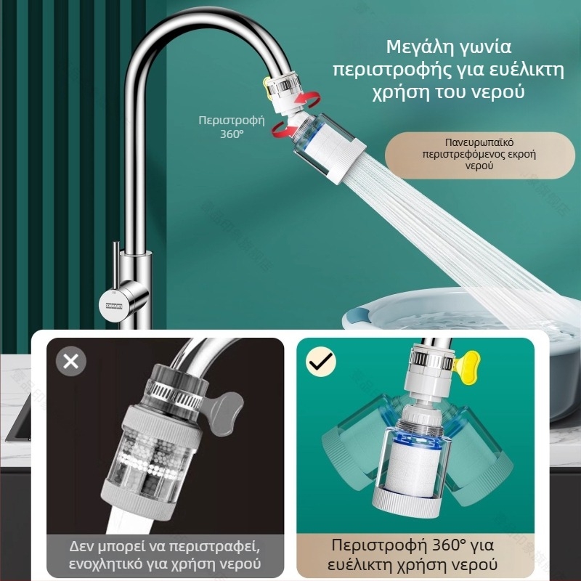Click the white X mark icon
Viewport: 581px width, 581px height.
(x=70, y=361)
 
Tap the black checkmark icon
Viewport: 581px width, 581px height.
(x=321, y=362)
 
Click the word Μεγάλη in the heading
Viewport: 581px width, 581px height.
(x=418, y=47)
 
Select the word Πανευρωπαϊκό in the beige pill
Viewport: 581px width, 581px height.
(x=479, y=142)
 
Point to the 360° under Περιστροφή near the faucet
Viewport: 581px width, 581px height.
(x=232, y=134)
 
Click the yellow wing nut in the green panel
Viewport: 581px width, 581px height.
(x=467, y=362)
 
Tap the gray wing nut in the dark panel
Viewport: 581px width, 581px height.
(x=225, y=414)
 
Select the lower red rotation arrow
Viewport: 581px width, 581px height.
(x=284, y=131)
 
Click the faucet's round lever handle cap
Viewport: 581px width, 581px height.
(x=114, y=305)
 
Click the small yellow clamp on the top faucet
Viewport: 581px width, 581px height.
(x=265, y=87)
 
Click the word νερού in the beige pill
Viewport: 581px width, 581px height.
(x=479, y=166)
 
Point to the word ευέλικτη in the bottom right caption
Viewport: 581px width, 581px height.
(x=358, y=565)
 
